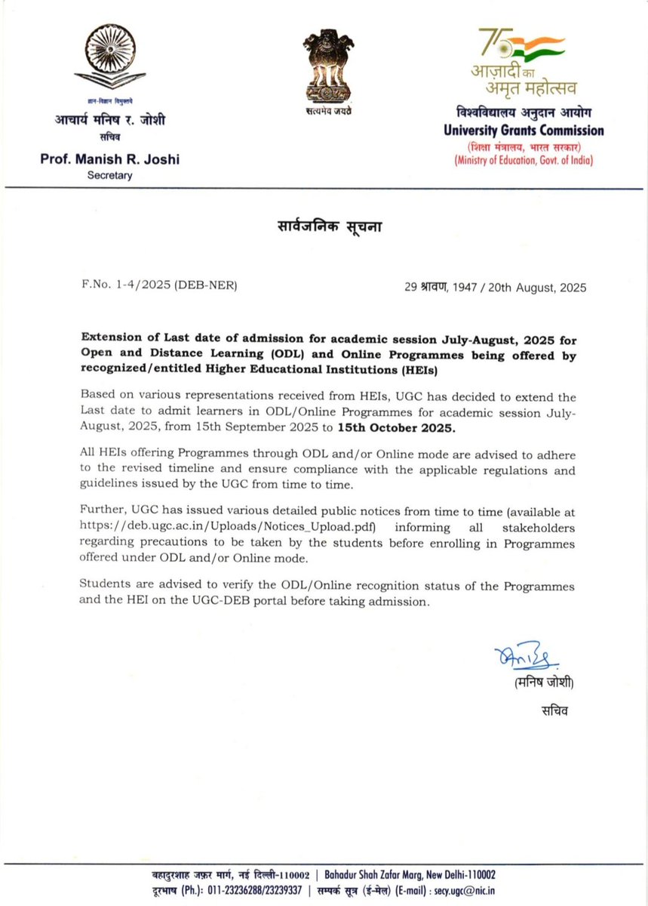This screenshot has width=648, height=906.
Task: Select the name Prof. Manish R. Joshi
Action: (x=111, y=160)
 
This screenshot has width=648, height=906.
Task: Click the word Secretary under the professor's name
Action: (x=109, y=175)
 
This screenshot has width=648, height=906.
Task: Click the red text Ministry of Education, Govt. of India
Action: (x=523, y=160)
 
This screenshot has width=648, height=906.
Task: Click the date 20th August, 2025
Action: (x=539, y=288)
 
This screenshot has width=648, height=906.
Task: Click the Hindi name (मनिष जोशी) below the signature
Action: (x=545, y=683)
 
